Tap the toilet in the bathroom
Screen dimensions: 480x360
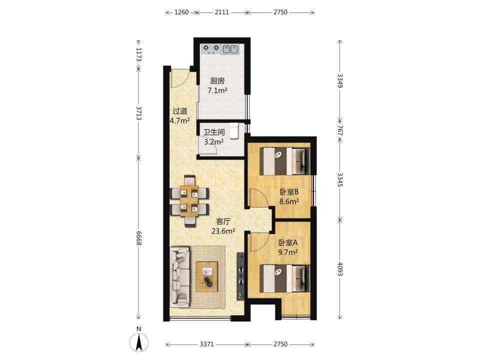click(x=234, y=130)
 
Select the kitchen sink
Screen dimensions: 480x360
click(x=230, y=49)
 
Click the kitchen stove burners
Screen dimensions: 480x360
click(x=211, y=49)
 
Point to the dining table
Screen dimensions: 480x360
click(x=190, y=200)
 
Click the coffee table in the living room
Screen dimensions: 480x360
click(x=206, y=276)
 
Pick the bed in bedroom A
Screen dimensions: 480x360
click(x=284, y=278)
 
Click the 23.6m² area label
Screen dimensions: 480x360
click(x=223, y=231)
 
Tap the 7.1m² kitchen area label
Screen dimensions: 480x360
click(x=217, y=90)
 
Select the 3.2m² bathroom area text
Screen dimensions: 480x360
click(x=213, y=141)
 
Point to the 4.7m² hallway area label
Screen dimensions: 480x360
click(x=179, y=120)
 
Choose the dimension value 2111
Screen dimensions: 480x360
click(x=221, y=12)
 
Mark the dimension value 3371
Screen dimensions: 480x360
click(x=206, y=344)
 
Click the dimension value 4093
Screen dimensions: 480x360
click(x=340, y=268)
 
